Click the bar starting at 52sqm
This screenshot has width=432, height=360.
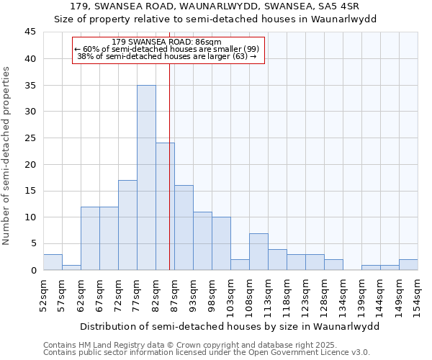[x=53, y=262]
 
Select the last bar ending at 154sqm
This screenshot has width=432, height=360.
[x=408, y=264]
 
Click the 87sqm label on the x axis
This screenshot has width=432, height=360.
[x=174, y=294]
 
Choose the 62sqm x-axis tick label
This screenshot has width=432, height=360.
[x=81, y=294]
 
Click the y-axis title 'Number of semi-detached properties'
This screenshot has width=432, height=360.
[x=7, y=156]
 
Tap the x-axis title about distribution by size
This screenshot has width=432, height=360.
[x=229, y=326]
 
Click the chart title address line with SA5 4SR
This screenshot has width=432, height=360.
[x=216, y=6]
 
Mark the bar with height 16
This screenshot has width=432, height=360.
[x=184, y=228]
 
